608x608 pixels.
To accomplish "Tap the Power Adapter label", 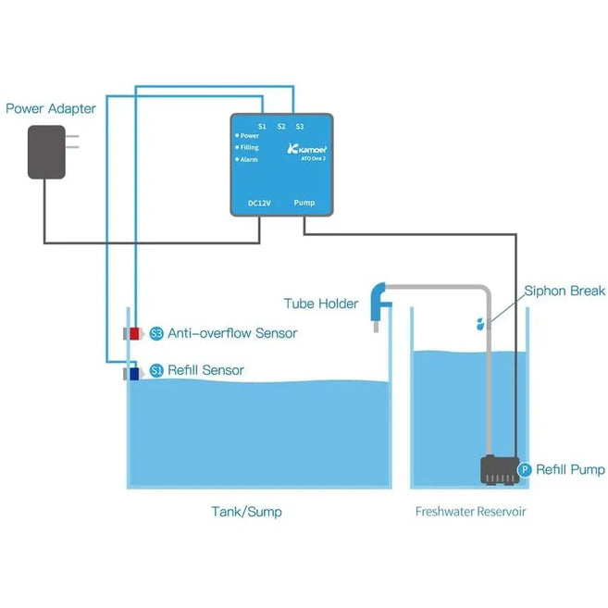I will coord(51,108).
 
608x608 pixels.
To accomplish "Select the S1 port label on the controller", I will coord(262,126).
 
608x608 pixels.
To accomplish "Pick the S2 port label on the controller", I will coord(280,126).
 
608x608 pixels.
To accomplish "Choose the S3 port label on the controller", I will coord(300,126).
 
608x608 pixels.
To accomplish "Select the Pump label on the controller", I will coord(304,202).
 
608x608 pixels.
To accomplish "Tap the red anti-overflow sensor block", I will coord(134,333).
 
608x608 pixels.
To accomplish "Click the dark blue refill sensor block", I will coord(134,374).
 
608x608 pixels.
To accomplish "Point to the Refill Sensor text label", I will coord(205,370).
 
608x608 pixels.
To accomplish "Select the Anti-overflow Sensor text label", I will coord(232,333).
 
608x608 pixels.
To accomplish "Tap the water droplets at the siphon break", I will coord(479,323).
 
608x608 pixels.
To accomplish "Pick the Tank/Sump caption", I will coord(246,511).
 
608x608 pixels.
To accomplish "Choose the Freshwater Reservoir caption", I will coord(471,511).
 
